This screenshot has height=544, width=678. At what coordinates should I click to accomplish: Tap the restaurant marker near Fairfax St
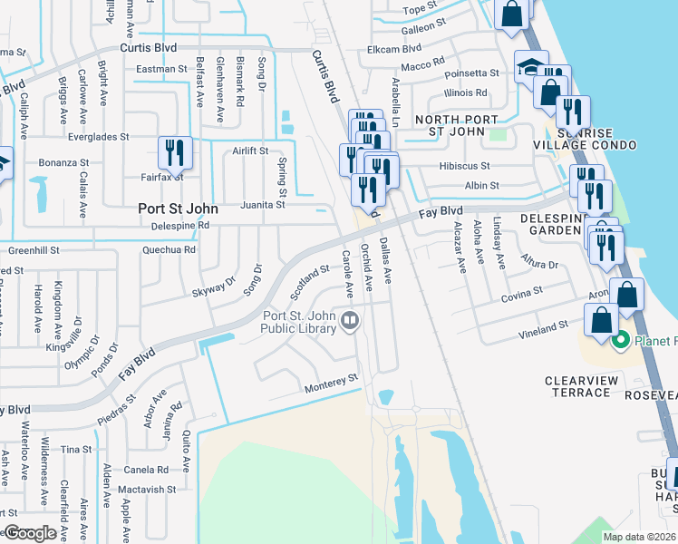(x=173, y=152)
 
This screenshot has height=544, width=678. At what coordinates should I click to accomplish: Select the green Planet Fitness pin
(x=620, y=341)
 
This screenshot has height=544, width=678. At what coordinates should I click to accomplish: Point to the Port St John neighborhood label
(x=179, y=208)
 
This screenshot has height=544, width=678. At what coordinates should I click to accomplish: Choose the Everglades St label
(x=99, y=138)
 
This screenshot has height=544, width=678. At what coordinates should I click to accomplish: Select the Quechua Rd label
(x=169, y=249)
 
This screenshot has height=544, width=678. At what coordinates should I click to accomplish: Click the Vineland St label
(x=544, y=324)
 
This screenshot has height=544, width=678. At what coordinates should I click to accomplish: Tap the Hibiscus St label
(x=464, y=167)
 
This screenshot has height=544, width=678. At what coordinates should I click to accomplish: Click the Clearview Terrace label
(x=578, y=386)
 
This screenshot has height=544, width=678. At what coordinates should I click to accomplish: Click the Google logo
(x=30, y=533)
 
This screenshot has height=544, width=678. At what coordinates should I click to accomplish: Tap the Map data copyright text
(x=639, y=537)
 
